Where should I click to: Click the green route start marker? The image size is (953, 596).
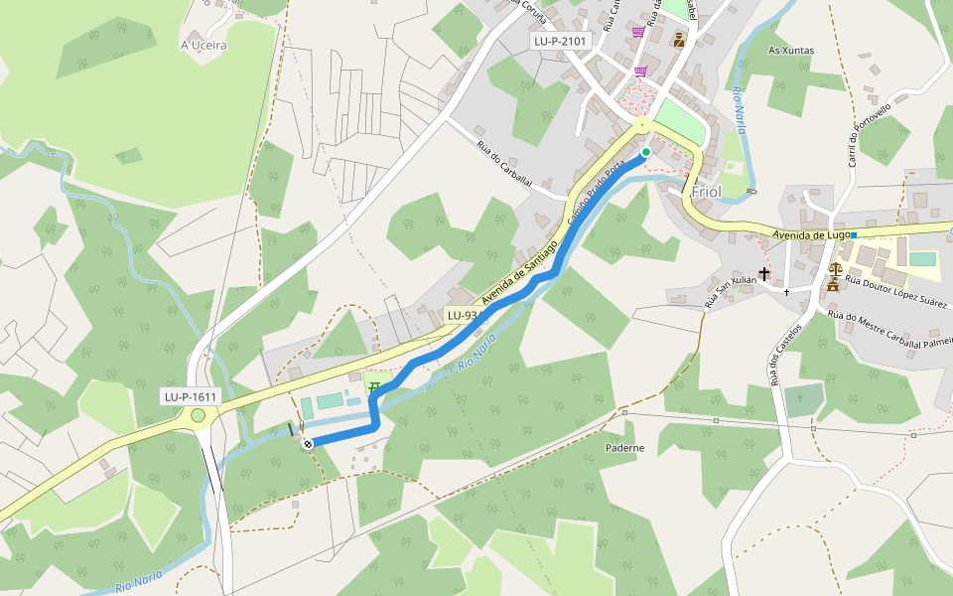[x=645, y=152]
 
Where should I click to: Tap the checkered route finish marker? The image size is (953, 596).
[x=308, y=444]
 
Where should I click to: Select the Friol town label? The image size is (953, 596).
[x=707, y=191]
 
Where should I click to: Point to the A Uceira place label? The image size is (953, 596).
[x=204, y=45]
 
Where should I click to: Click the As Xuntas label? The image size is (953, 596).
[x=791, y=50]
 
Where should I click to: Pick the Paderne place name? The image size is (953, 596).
[x=625, y=448]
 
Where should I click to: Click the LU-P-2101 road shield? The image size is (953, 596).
[x=561, y=42]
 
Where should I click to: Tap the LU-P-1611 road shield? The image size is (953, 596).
[x=191, y=396]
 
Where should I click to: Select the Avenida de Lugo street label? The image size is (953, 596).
[x=811, y=235]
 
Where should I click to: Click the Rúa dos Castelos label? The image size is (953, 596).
[x=781, y=355]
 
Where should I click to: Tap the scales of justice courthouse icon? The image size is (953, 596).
[x=833, y=268]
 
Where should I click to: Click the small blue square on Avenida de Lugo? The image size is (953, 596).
[x=854, y=234]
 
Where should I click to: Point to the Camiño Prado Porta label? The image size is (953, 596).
[x=596, y=195]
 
